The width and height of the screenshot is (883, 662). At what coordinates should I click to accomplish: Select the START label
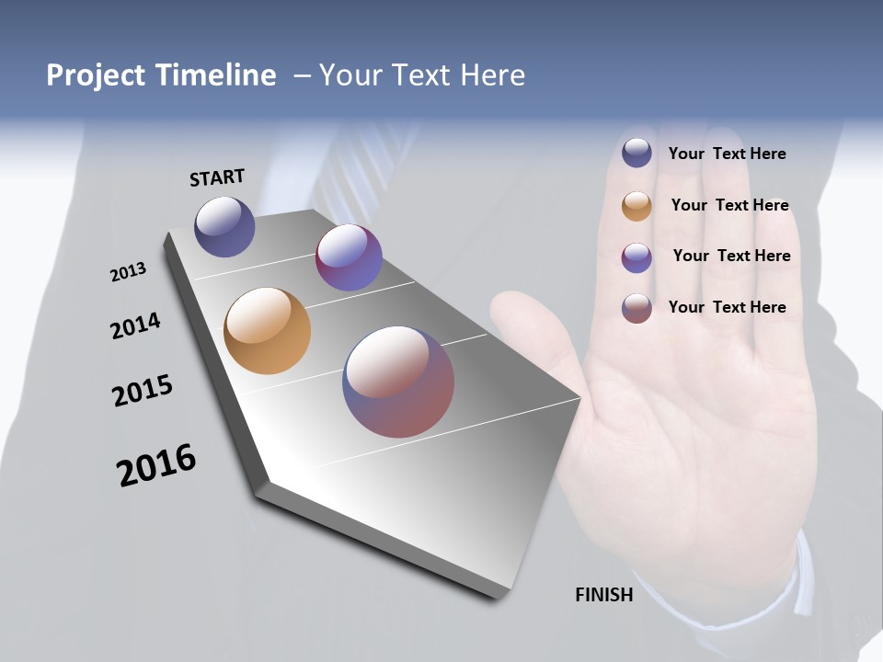coord(217,177)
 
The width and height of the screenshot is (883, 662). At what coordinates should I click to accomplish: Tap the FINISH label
coord(603,595)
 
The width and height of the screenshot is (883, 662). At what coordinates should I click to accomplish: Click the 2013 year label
coord(128,272)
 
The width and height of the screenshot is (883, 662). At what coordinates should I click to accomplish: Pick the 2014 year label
coord(135,325)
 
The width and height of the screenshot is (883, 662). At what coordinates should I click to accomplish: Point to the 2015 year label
coord(142,391)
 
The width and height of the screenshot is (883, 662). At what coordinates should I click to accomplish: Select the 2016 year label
coord(156,465)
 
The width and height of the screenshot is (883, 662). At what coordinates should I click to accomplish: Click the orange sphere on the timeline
coord(267,331)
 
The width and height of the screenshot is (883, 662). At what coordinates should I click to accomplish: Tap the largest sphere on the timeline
coord(398,382)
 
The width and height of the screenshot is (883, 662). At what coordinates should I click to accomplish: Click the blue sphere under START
coord(224,226)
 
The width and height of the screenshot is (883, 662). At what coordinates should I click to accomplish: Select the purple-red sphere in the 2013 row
coord(349,257)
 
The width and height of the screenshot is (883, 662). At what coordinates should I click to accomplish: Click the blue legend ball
coord(636,153)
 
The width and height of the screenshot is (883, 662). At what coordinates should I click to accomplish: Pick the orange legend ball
coord(636,206)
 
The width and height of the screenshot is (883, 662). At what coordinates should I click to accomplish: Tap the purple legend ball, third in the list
coord(636,257)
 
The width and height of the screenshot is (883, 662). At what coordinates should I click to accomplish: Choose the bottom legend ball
coord(636,308)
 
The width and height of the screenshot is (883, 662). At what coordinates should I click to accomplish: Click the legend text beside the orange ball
coord(729,205)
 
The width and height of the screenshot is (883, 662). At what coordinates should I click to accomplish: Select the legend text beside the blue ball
coord(727,154)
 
